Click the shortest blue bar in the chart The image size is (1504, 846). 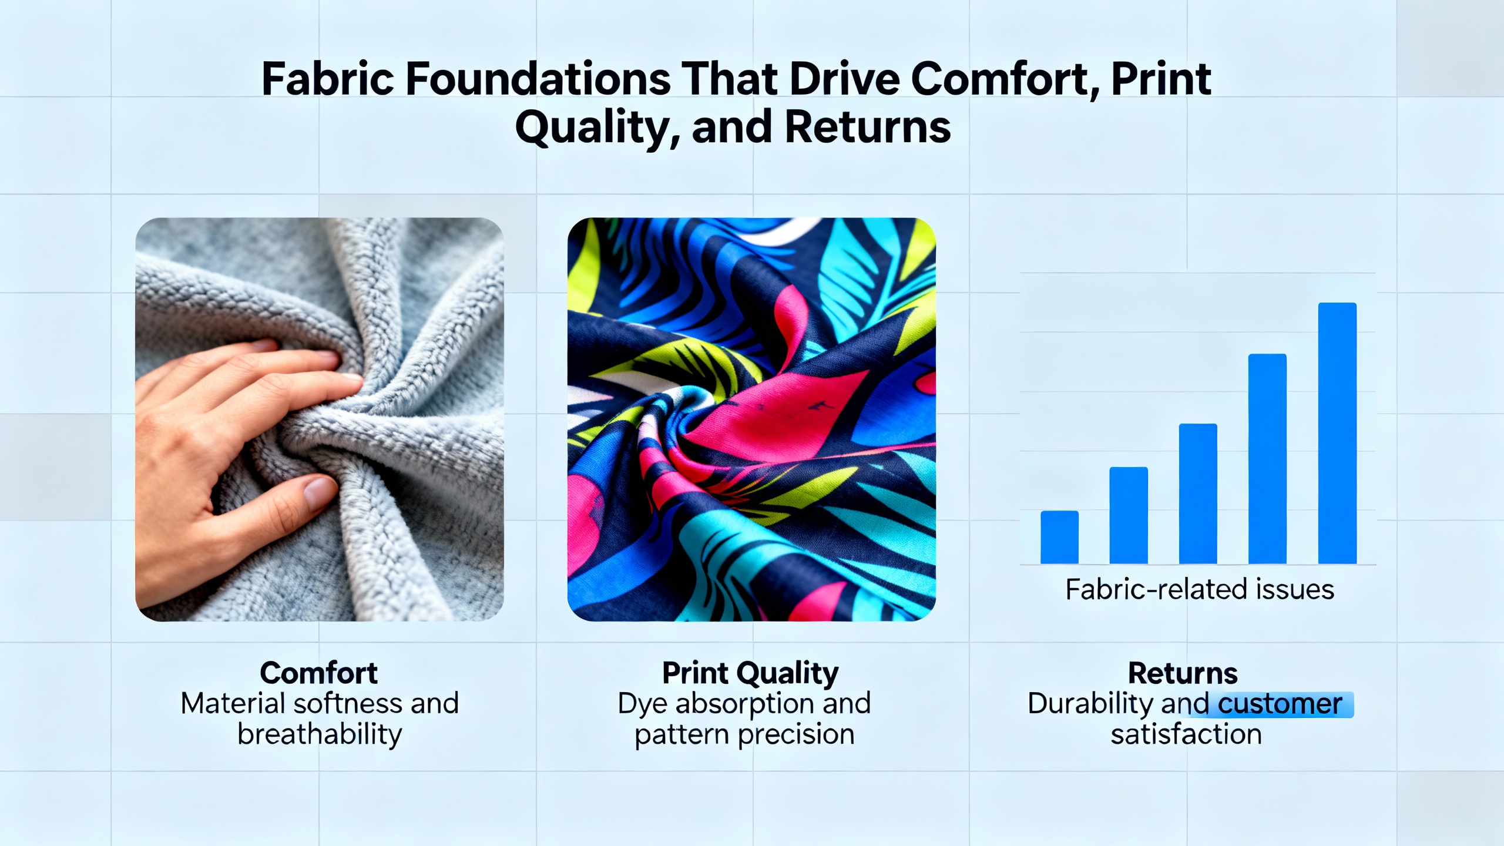1059,537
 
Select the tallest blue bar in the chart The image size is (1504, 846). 1337,433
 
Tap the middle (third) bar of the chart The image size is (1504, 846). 1198,493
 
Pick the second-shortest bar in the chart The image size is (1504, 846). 1129,515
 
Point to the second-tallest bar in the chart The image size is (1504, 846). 1267,459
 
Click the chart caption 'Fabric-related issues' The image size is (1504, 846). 1200,589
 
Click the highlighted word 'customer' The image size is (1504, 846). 1280,704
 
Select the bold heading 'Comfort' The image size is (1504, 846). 319,673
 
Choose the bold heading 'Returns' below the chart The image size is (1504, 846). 1183,673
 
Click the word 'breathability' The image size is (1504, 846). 320,735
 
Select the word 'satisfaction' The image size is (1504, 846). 1186,734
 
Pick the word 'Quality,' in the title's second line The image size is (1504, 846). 597,129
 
